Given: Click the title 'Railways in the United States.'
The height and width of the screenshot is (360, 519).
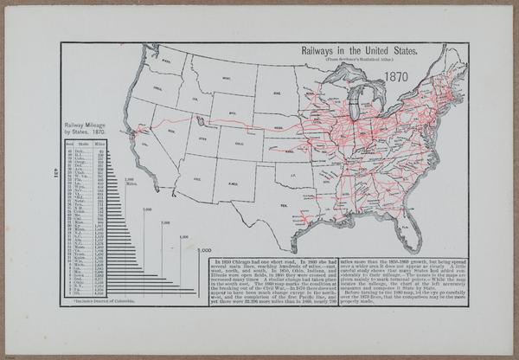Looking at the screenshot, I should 358,52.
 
